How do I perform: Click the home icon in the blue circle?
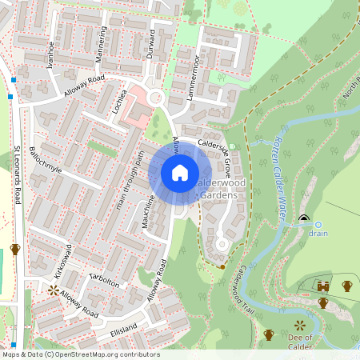180,173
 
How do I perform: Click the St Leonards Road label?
17,174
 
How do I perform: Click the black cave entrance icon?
303,218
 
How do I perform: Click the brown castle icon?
322,286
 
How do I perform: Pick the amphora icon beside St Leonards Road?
15,250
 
